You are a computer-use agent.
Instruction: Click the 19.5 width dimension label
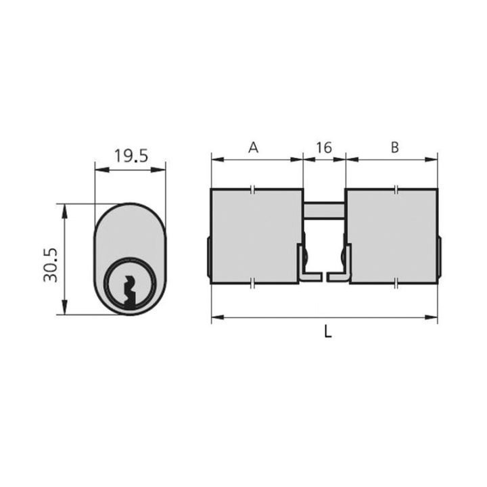131,156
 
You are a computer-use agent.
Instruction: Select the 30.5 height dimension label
50,265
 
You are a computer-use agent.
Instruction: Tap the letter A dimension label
254,147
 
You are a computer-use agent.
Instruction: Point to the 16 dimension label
324,147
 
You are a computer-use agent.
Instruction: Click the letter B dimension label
394,147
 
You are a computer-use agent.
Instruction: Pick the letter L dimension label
328,331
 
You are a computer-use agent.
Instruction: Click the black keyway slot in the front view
130,292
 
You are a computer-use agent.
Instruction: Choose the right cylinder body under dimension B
392,236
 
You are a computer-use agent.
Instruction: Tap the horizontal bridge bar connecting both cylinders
324,210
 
